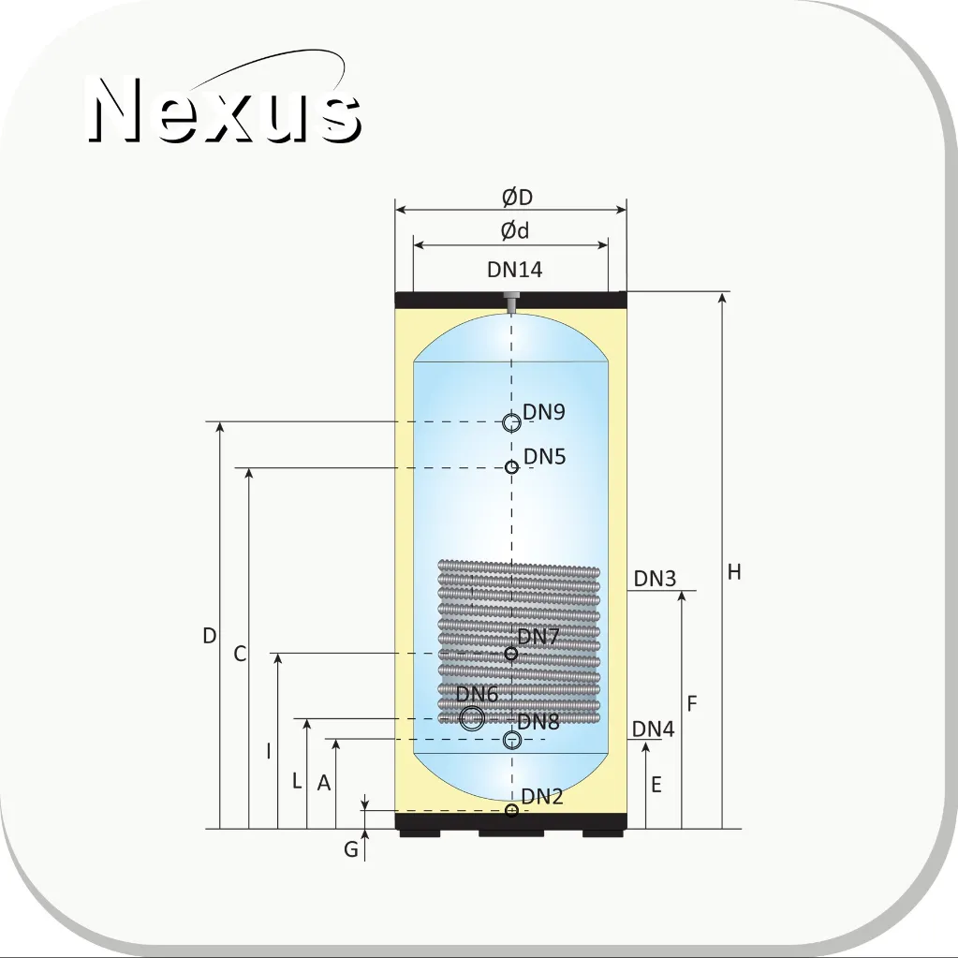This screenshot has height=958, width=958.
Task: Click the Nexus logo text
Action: [224, 110]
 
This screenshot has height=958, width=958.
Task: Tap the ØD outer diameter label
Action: [518, 198]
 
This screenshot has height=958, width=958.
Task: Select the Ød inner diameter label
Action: [515, 231]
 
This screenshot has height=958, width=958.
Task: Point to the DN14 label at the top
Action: [514, 270]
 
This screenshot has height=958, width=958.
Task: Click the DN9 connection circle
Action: [511, 422]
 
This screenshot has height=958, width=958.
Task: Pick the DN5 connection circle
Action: [512, 467]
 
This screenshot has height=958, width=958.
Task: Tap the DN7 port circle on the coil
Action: [511, 654]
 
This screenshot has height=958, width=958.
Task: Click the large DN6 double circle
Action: [472, 718]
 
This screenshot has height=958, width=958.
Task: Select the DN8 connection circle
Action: [511, 741]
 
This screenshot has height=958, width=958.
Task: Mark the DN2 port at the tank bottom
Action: [512, 810]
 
